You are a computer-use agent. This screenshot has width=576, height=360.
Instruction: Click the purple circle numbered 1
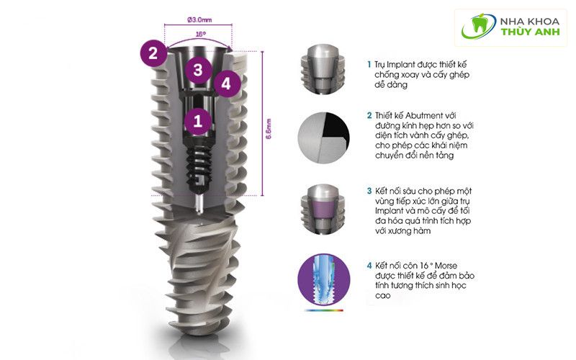click(x=197, y=121)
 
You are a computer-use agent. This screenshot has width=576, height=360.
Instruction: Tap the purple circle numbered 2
click(x=152, y=53)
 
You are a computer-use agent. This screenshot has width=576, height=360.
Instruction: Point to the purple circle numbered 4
click(x=226, y=83)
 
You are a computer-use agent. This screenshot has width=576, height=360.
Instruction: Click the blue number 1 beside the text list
click(x=369, y=64)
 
